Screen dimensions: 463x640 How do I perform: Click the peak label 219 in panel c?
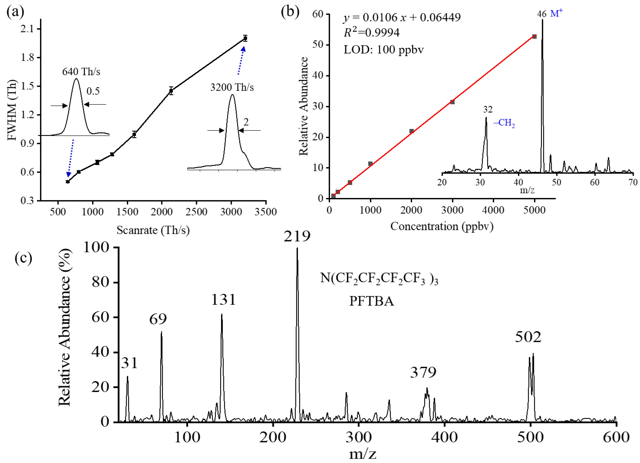297,236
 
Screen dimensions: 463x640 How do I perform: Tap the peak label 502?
528,337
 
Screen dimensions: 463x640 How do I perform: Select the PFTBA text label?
371,302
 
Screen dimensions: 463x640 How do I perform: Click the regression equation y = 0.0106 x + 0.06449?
402,17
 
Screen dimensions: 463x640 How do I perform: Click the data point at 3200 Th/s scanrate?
245,38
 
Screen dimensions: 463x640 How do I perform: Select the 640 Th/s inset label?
81,72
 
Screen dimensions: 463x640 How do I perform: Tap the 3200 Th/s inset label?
232,87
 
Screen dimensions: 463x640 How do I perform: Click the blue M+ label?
556,13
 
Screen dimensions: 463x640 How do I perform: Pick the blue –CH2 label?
504,123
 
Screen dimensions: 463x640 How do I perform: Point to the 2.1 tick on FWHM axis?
27,29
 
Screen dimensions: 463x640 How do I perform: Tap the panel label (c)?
23,258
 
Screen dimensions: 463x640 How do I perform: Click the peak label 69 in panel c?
158,319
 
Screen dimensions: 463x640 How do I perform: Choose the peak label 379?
423,373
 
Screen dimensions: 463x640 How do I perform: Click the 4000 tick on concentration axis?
493,210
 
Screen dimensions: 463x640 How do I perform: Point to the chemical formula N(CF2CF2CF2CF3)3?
379,279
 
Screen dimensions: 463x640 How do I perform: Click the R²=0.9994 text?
371,33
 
